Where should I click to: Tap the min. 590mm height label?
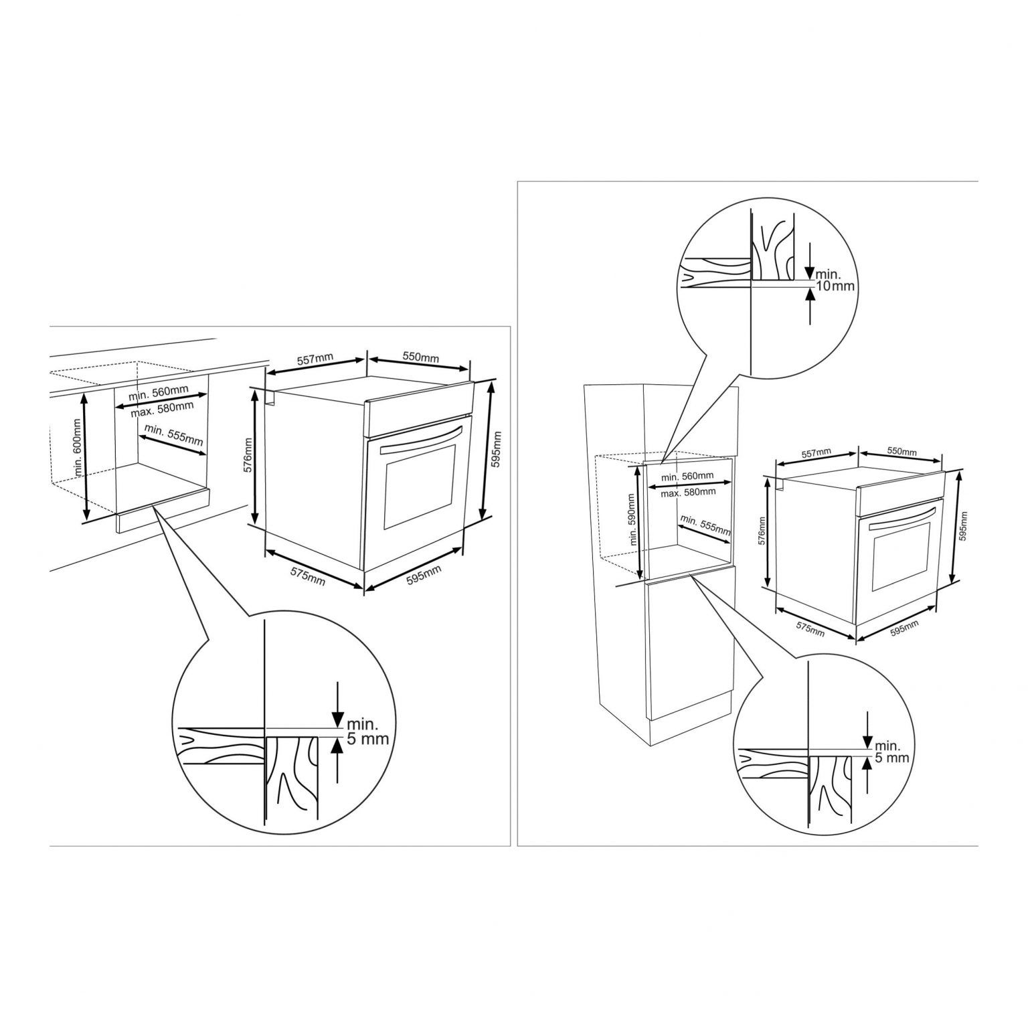(630, 520)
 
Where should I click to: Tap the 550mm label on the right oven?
(902, 452)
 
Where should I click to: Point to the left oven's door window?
(419, 484)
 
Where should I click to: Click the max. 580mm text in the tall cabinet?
(688, 492)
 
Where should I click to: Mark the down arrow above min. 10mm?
(809, 261)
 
